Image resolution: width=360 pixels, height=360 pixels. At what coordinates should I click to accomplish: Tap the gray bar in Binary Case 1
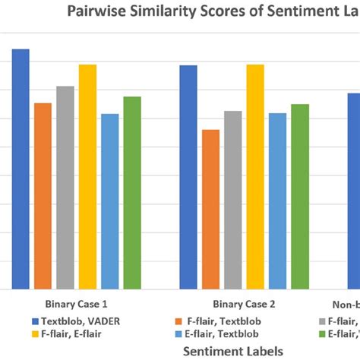65,188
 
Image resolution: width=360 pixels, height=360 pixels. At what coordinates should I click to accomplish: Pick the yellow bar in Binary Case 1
88,177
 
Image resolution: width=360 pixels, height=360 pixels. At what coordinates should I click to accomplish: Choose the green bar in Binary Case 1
132,193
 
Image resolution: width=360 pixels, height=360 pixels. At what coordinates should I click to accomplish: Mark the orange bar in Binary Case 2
210,210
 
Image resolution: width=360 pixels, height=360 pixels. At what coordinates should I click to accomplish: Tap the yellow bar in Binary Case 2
255,177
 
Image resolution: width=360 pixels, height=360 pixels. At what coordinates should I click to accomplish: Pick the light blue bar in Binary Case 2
278,201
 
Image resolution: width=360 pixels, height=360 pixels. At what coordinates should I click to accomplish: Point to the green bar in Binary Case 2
300,197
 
